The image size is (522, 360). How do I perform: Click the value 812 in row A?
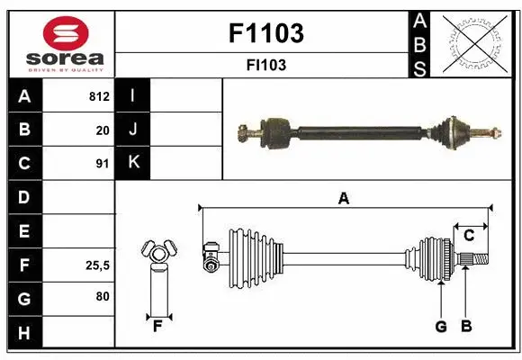(98, 96)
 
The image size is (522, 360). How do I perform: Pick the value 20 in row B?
(102, 130)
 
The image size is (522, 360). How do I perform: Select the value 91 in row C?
(102, 165)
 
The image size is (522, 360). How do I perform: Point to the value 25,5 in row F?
(97, 265)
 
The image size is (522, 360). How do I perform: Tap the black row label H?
(23, 334)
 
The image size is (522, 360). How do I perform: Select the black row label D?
(23, 197)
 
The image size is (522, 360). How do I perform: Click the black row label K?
(133, 163)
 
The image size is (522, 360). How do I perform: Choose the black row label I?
(133, 95)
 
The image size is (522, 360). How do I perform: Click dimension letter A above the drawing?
(343, 198)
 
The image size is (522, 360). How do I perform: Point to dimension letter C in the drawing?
(469, 236)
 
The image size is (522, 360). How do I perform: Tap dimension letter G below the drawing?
(440, 327)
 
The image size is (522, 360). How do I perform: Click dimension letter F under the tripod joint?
(157, 327)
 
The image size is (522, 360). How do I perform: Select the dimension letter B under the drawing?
(465, 327)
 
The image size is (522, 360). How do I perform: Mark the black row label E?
(23, 231)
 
